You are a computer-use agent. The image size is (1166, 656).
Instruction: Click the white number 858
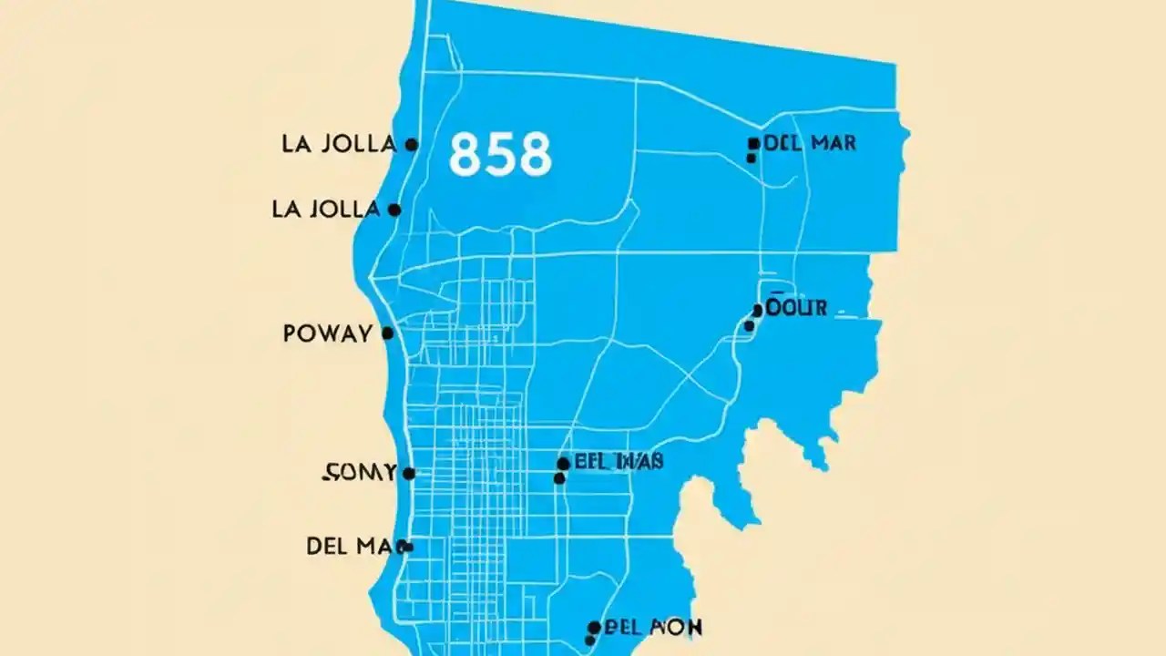500,154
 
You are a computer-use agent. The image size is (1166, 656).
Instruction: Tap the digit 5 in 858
500,154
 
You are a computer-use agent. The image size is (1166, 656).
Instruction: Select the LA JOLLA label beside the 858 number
339,144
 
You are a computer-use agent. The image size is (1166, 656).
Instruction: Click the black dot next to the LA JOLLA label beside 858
411,144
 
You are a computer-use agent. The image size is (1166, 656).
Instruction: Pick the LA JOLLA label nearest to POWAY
325,210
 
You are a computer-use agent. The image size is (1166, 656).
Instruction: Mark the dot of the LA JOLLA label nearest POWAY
394,210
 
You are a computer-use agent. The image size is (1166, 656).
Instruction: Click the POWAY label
327,333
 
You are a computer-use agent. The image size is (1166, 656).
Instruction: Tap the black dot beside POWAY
387,333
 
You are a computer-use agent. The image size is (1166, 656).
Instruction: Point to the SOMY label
360,473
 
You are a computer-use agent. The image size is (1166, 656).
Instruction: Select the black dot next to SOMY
409,474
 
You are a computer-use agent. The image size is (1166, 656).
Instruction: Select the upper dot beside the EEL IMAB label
563,464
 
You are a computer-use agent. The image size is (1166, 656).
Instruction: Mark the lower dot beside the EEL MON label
589,641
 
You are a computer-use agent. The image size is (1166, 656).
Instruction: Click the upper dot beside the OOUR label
757,311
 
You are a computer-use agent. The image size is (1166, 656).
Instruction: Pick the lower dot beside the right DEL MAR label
751,158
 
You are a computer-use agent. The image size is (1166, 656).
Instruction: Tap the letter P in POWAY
290,333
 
